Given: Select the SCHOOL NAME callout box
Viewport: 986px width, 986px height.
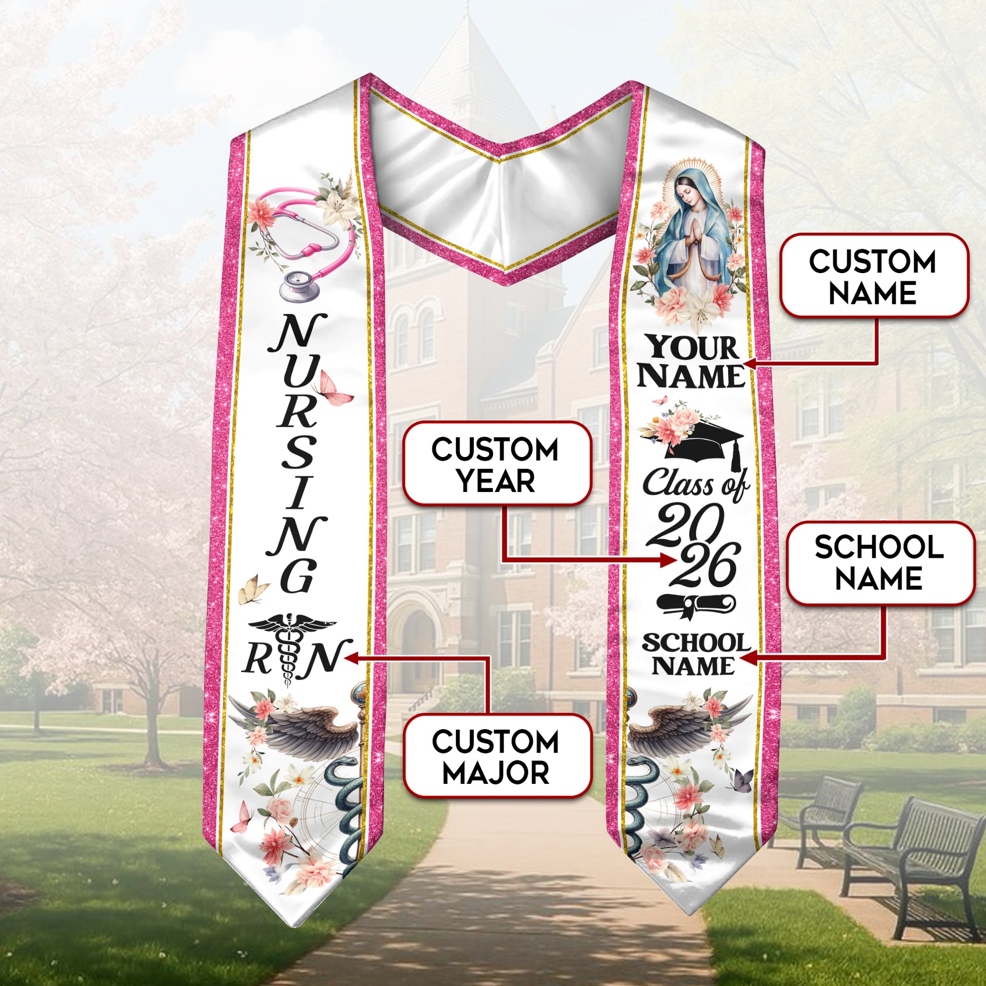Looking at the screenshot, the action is click(880, 563).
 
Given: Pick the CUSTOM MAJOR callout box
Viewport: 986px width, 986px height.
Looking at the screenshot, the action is click(497, 756).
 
